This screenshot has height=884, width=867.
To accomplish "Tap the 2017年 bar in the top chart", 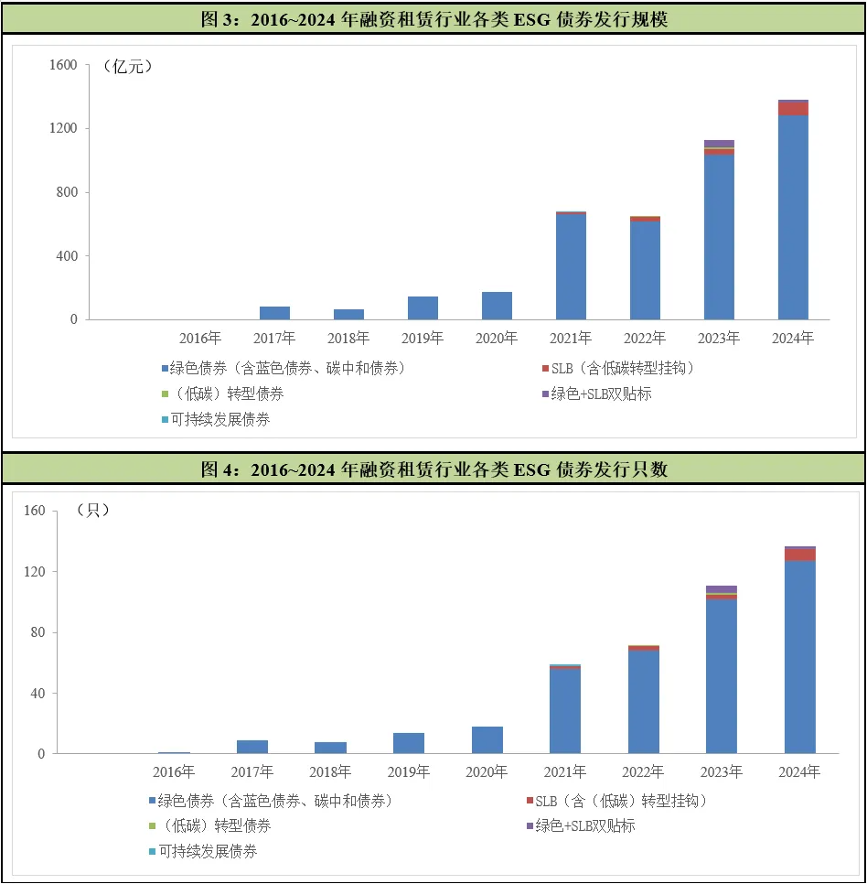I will (274, 313).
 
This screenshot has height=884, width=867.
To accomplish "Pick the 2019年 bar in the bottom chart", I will (409, 743).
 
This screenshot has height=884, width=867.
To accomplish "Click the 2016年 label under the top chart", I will (200, 339).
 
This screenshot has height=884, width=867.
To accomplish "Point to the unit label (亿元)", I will (127, 66).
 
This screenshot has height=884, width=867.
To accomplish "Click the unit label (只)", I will (93, 511).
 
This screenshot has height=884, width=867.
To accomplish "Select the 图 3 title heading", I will (433, 19).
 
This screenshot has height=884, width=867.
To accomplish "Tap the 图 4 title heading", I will (433, 469).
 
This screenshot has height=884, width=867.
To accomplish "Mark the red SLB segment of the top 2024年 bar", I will (793, 108).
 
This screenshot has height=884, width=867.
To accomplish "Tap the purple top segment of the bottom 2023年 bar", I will (722, 589).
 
